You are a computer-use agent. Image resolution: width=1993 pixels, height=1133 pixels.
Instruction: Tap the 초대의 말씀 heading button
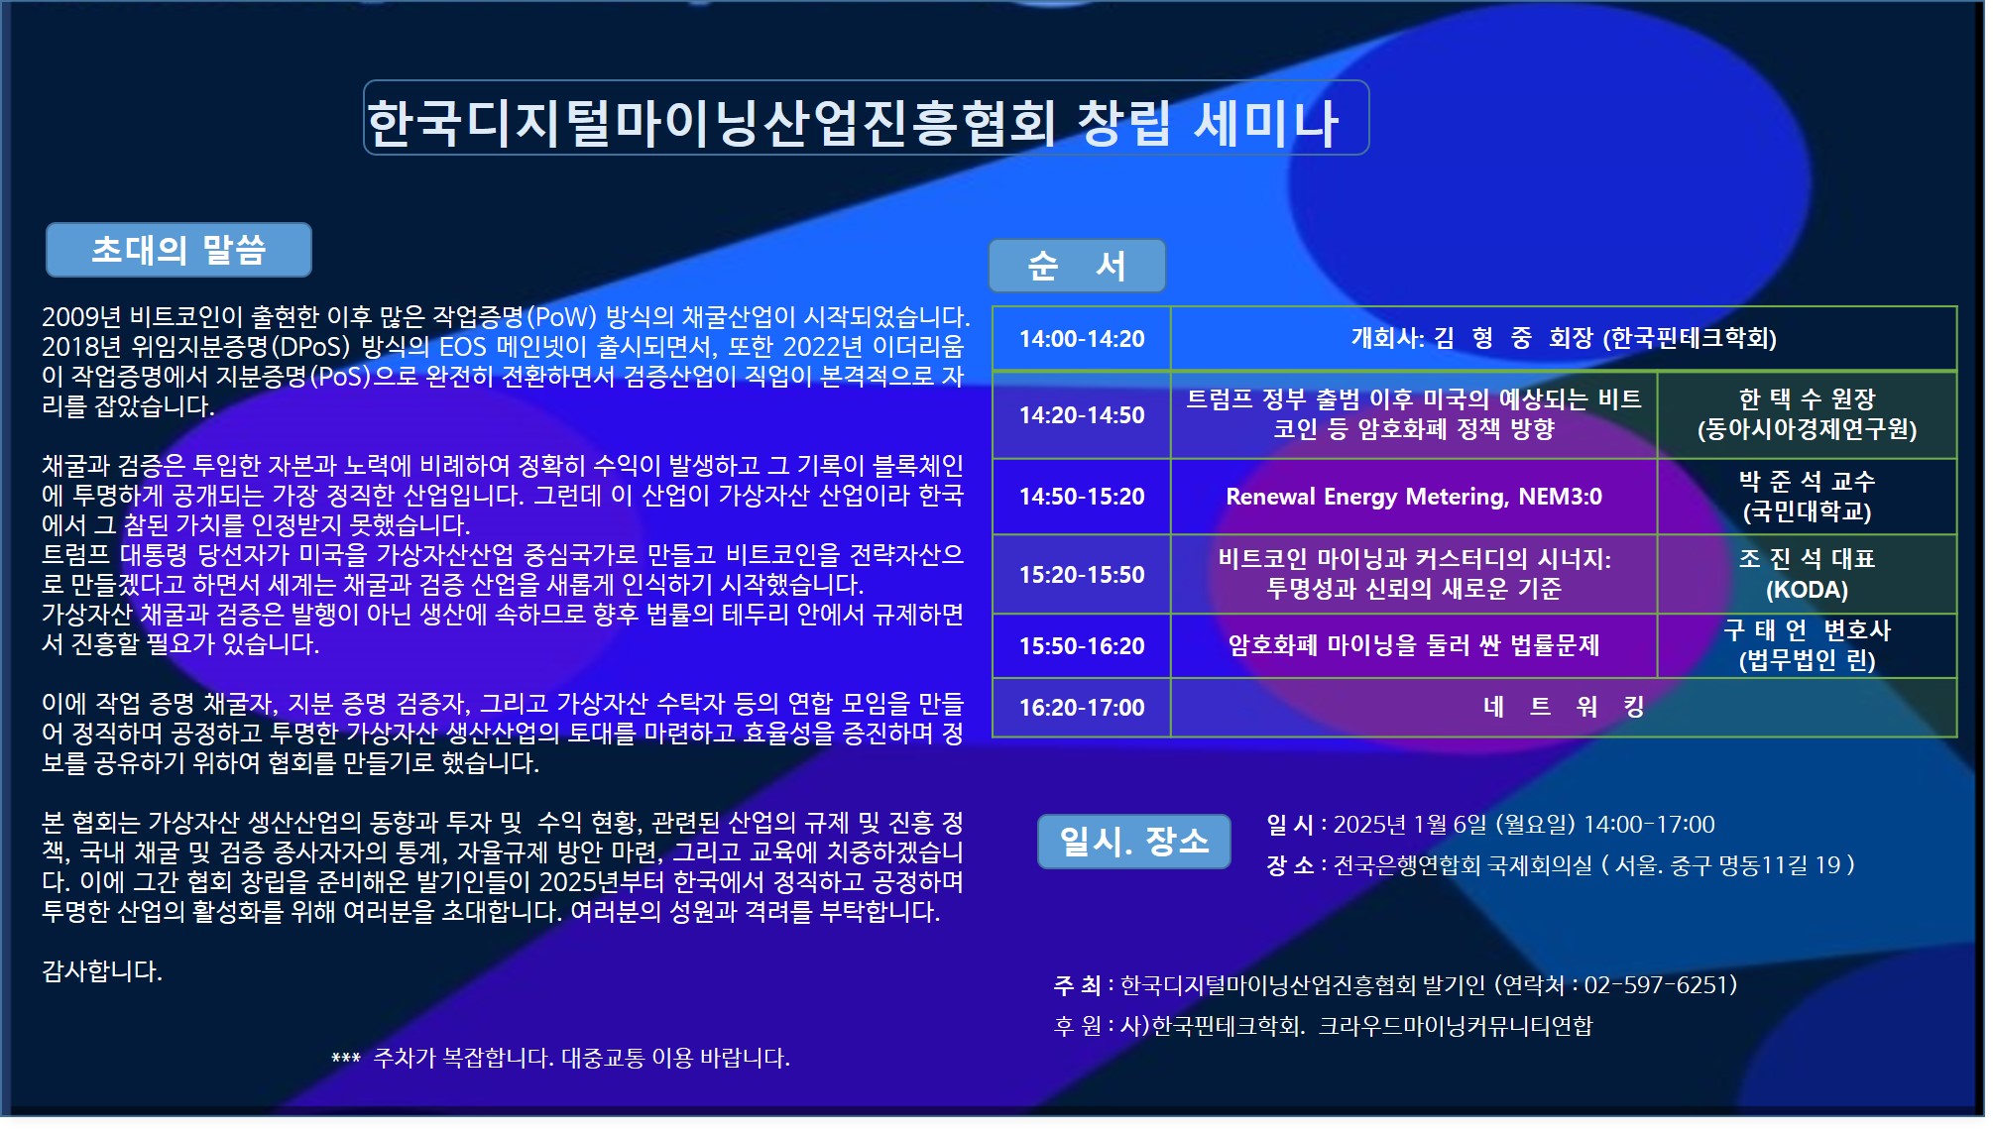(x=178, y=250)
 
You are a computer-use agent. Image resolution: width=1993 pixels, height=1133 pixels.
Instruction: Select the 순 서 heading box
(x=1076, y=266)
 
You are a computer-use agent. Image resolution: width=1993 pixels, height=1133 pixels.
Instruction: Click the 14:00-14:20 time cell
(x=1081, y=339)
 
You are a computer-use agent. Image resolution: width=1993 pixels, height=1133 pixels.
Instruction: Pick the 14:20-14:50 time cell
(x=1081, y=415)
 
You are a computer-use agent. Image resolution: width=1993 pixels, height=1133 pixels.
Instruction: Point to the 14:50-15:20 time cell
(x=1081, y=497)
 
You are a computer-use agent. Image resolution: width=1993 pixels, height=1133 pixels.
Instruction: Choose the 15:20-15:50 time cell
(x=1081, y=575)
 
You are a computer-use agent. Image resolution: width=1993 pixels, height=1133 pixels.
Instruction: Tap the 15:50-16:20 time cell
(x=1081, y=646)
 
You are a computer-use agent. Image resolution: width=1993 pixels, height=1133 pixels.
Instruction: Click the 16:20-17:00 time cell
(x=1081, y=708)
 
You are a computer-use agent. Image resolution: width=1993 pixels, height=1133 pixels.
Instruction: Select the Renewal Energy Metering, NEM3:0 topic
(x=1413, y=497)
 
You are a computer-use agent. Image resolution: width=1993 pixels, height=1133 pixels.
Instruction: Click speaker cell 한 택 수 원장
(x=1806, y=414)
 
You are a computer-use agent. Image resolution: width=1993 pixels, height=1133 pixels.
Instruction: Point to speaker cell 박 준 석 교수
(x=1806, y=497)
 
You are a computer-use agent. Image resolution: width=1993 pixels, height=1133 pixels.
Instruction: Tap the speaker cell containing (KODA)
(x=1806, y=575)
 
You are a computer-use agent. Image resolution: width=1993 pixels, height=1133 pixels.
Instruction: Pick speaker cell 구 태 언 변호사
(x=1806, y=645)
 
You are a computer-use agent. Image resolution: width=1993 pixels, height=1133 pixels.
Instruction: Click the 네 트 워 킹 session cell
(x=1563, y=707)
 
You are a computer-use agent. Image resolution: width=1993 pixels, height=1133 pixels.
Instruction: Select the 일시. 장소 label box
(x=1133, y=842)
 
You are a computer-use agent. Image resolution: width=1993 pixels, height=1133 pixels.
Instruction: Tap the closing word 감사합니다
(x=101, y=971)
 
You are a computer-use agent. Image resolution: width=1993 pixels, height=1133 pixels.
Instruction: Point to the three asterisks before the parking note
(x=345, y=1060)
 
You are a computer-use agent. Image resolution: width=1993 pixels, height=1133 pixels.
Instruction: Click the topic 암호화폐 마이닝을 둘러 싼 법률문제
(x=1413, y=645)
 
